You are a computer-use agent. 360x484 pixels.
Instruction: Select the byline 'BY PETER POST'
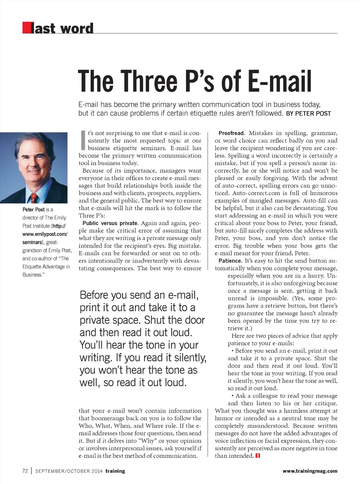(308, 114)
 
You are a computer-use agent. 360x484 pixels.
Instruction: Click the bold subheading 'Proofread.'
(232, 133)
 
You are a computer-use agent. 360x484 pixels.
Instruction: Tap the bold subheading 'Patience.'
(230, 261)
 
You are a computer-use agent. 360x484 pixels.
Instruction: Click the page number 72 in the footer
(25, 471)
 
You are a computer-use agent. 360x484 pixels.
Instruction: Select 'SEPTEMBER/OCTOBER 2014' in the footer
(69, 471)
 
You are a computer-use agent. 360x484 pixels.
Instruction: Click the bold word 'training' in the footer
(115, 471)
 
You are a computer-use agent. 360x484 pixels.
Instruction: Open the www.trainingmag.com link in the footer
(310, 471)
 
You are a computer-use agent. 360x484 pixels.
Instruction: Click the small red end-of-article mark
(258, 456)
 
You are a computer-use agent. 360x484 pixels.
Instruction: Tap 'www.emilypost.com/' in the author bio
(45, 234)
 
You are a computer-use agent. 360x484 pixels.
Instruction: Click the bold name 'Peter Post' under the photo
(34, 210)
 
